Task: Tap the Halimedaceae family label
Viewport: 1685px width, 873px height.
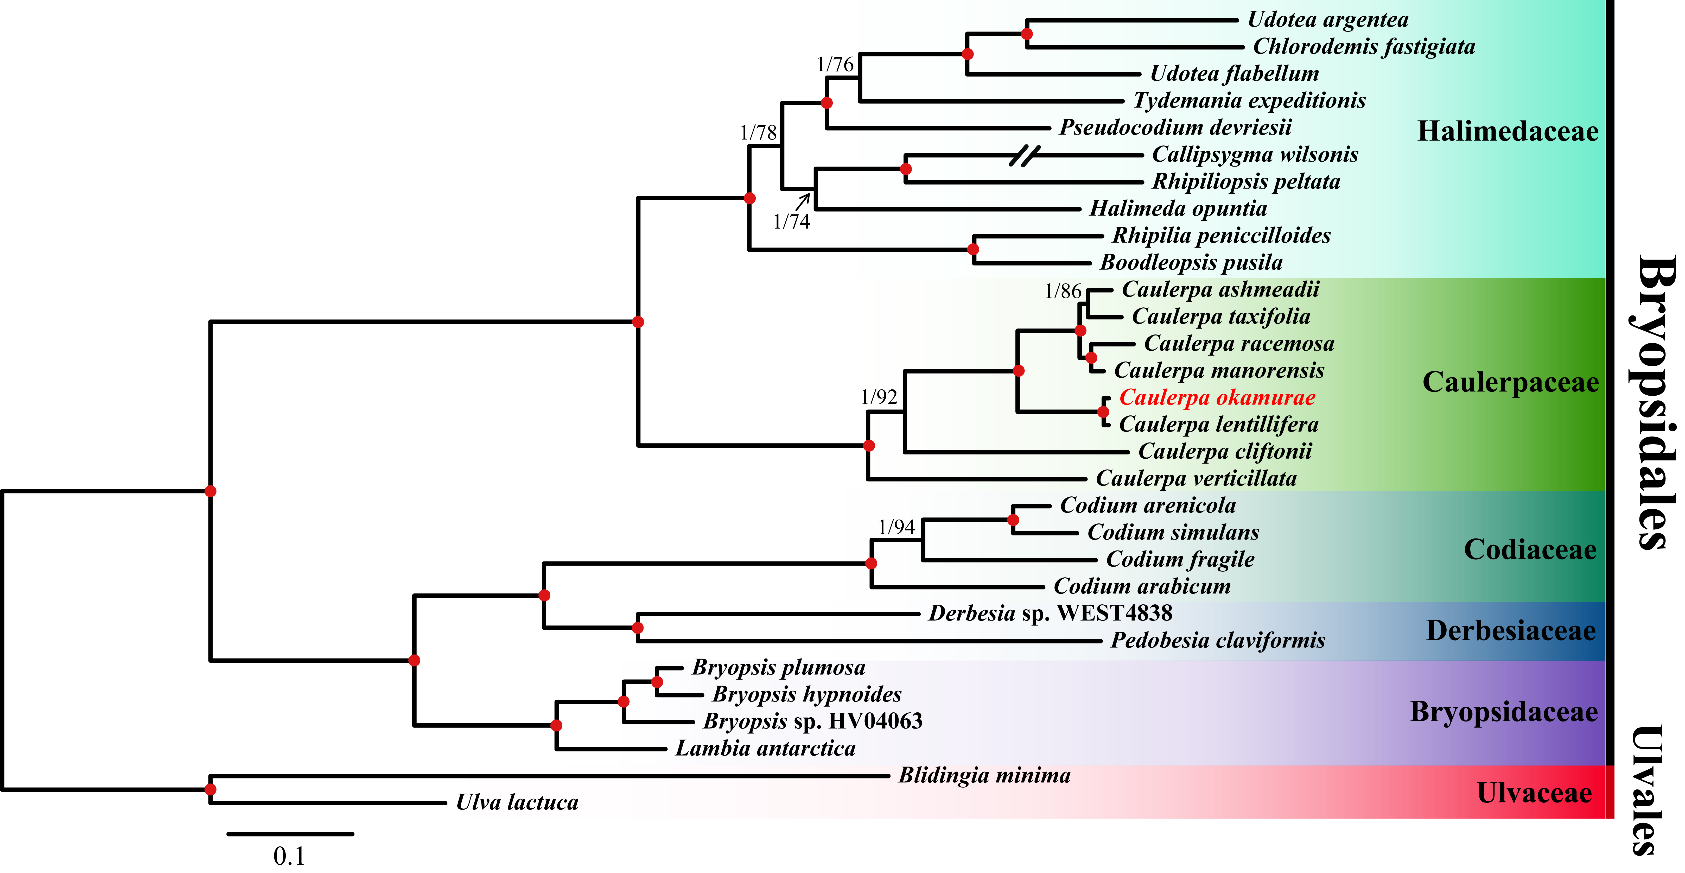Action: coord(1508,131)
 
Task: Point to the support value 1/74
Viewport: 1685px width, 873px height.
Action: coord(791,222)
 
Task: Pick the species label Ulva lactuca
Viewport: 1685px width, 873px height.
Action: coord(517,802)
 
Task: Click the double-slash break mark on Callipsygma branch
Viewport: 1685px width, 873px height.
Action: coord(1024,155)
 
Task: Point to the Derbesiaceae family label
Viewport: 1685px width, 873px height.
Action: coord(1511,630)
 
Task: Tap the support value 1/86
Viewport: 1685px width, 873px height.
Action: coord(1063,291)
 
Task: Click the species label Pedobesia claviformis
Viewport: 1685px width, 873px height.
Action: coord(1218,640)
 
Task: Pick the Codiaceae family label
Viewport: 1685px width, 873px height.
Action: coord(1530,550)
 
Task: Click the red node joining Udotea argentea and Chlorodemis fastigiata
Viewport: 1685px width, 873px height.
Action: coord(1027,33)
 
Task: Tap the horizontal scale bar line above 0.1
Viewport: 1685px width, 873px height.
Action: coord(290,834)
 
